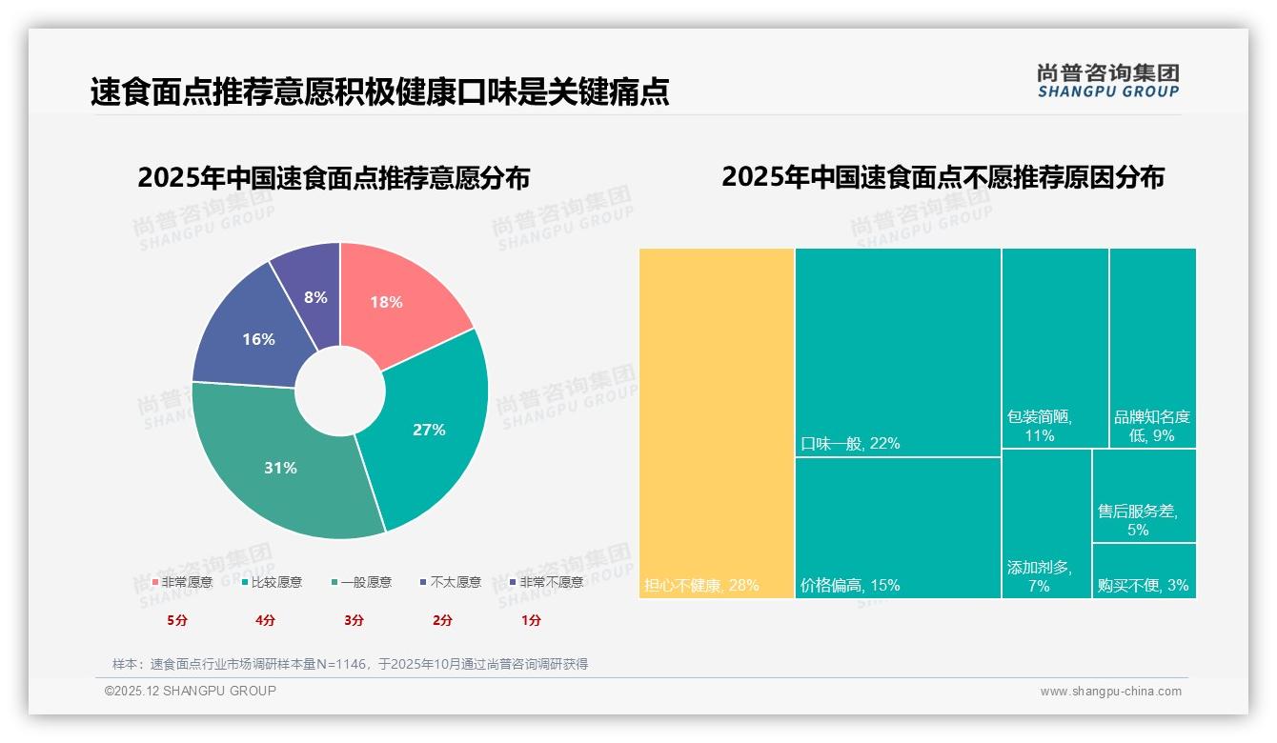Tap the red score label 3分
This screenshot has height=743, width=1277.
354,620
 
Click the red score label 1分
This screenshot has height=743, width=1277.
531,620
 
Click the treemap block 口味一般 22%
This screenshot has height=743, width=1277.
898,352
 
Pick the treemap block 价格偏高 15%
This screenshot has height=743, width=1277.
898,528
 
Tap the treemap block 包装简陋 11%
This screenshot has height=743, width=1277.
1055,348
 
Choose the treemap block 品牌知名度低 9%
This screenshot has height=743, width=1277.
1152,348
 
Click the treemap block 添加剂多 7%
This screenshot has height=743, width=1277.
1045,523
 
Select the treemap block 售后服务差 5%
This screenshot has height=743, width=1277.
1144,495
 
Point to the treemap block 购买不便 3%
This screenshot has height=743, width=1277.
1144,571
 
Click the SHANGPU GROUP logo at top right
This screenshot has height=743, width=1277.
1108,81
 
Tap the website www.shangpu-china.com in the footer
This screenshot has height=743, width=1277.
1110,692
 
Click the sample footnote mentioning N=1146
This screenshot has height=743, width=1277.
350,664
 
